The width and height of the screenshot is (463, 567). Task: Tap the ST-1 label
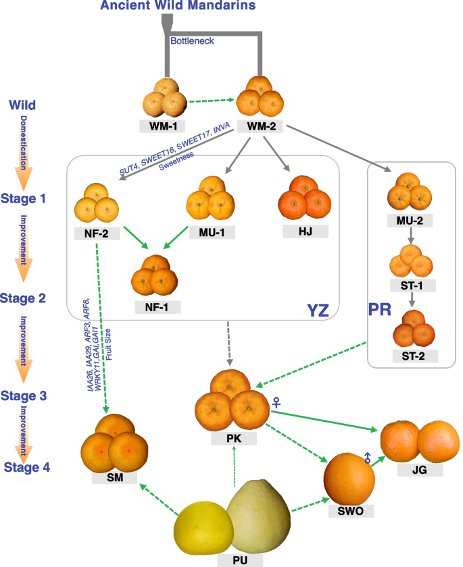click(413, 285)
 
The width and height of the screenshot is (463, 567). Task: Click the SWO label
click(350, 512)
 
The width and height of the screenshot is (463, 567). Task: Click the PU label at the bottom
click(235, 560)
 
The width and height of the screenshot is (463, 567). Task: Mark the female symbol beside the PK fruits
click(276, 403)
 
